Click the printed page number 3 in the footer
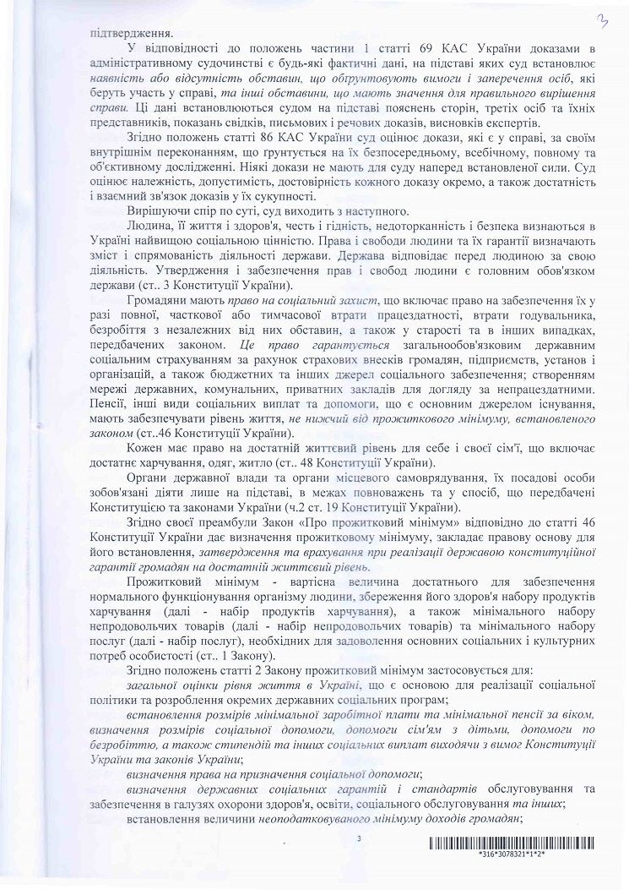coord(359,838)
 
